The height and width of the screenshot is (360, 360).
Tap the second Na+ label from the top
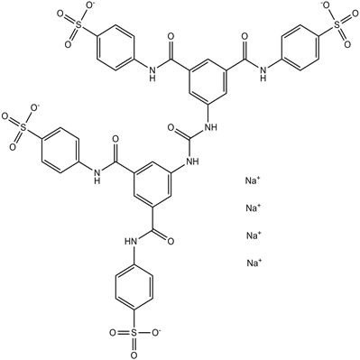click(254, 208)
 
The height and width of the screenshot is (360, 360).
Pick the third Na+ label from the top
click(254, 235)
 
